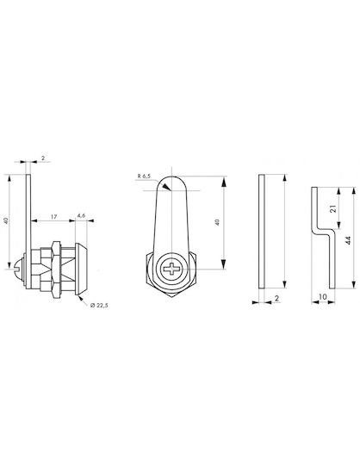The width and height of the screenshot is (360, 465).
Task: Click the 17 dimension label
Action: tap(53, 217)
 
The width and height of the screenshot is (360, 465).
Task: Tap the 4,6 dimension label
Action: tap(81, 215)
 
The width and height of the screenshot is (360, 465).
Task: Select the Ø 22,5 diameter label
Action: tap(99, 305)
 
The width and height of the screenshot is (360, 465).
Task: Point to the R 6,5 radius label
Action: tap(144, 177)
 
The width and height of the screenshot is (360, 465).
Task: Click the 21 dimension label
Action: tap(333, 208)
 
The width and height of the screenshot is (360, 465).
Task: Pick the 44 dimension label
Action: tap(349, 240)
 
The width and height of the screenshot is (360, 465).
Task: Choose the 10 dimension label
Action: tap(323, 296)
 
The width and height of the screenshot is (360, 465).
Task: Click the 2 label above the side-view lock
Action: tap(43, 158)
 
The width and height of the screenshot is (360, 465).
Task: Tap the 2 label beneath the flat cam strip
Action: tap(277, 298)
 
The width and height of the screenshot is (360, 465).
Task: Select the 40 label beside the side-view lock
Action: tap(7, 220)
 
